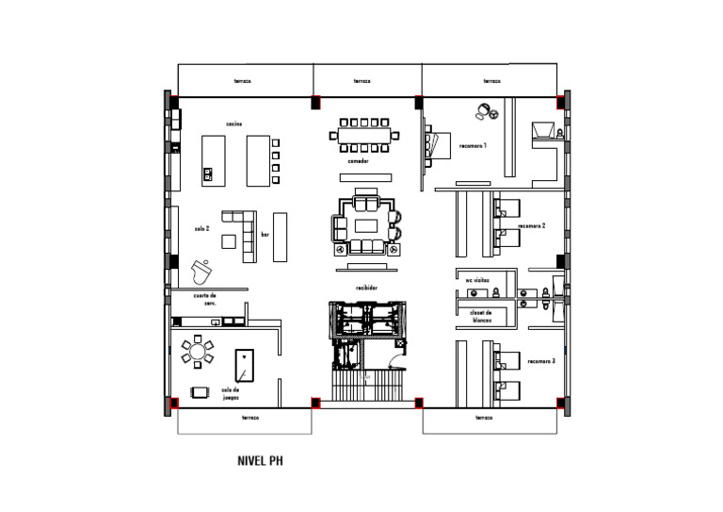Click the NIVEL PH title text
click(x=261, y=462)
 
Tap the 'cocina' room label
click(x=234, y=124)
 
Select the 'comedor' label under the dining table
click(x=358, y=161)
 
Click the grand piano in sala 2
click(x=201, y=273)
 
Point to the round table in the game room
click(x=197, y=354)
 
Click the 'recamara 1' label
click(x=473, y=147)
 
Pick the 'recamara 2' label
click(x=533, y=226)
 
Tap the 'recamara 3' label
click(x=540, y=361)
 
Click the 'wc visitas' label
click(x=477, y=280)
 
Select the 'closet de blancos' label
click(x=481, y=315)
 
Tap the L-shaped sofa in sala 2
click(x=244, y=233)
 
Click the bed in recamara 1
click(x=435, y=144)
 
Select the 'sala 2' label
click(x=201, y=227)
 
